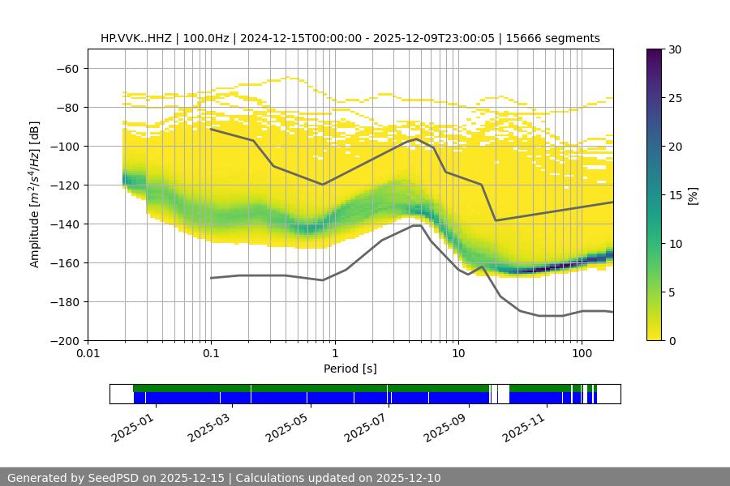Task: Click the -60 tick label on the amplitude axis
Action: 67,68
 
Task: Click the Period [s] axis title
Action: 350,369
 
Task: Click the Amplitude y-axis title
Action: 34,194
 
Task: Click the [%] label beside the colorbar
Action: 693,195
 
